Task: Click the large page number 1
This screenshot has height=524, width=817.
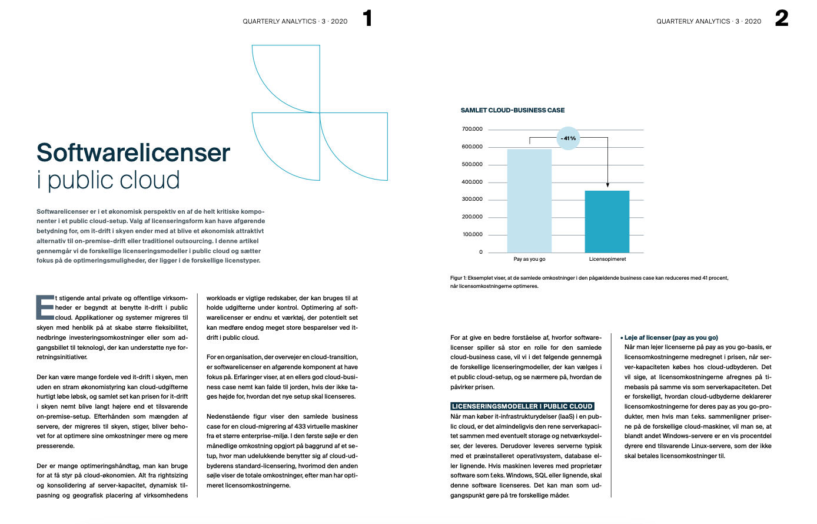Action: click(x=367, y=18)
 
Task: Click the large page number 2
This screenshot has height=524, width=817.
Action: click(x=781, y=18)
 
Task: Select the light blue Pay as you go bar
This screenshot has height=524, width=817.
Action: click(x=529, y=201)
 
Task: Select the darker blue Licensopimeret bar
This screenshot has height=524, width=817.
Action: click(x=607, y=221)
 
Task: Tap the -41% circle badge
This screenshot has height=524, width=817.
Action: click(x=568, y=138)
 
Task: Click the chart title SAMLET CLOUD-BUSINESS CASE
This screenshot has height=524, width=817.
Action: click(x=512, y=110)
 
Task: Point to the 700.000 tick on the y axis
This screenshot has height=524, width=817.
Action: click(x=472, y=129)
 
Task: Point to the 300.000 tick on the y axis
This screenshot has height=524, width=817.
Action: click(x=472, y=199)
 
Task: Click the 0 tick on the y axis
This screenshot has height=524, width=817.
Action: click(x=480, y=252)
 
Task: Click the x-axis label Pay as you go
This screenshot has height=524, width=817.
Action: click(x=529, y=259)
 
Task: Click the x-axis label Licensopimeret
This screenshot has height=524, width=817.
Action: click(x=607, y=259)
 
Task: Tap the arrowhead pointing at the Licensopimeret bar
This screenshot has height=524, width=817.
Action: click(x=607, y=185)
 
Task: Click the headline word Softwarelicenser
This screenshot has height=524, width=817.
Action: click(x=133, y=152)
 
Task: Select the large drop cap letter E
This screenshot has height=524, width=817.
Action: click(x=45, y=307)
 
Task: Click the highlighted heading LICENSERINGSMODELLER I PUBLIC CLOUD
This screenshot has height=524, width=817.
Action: click(x=522, y=406)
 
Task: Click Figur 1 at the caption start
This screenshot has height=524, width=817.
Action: click(x=458, y=278)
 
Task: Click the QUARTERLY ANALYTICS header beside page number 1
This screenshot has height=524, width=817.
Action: click(x=280, y=21)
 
